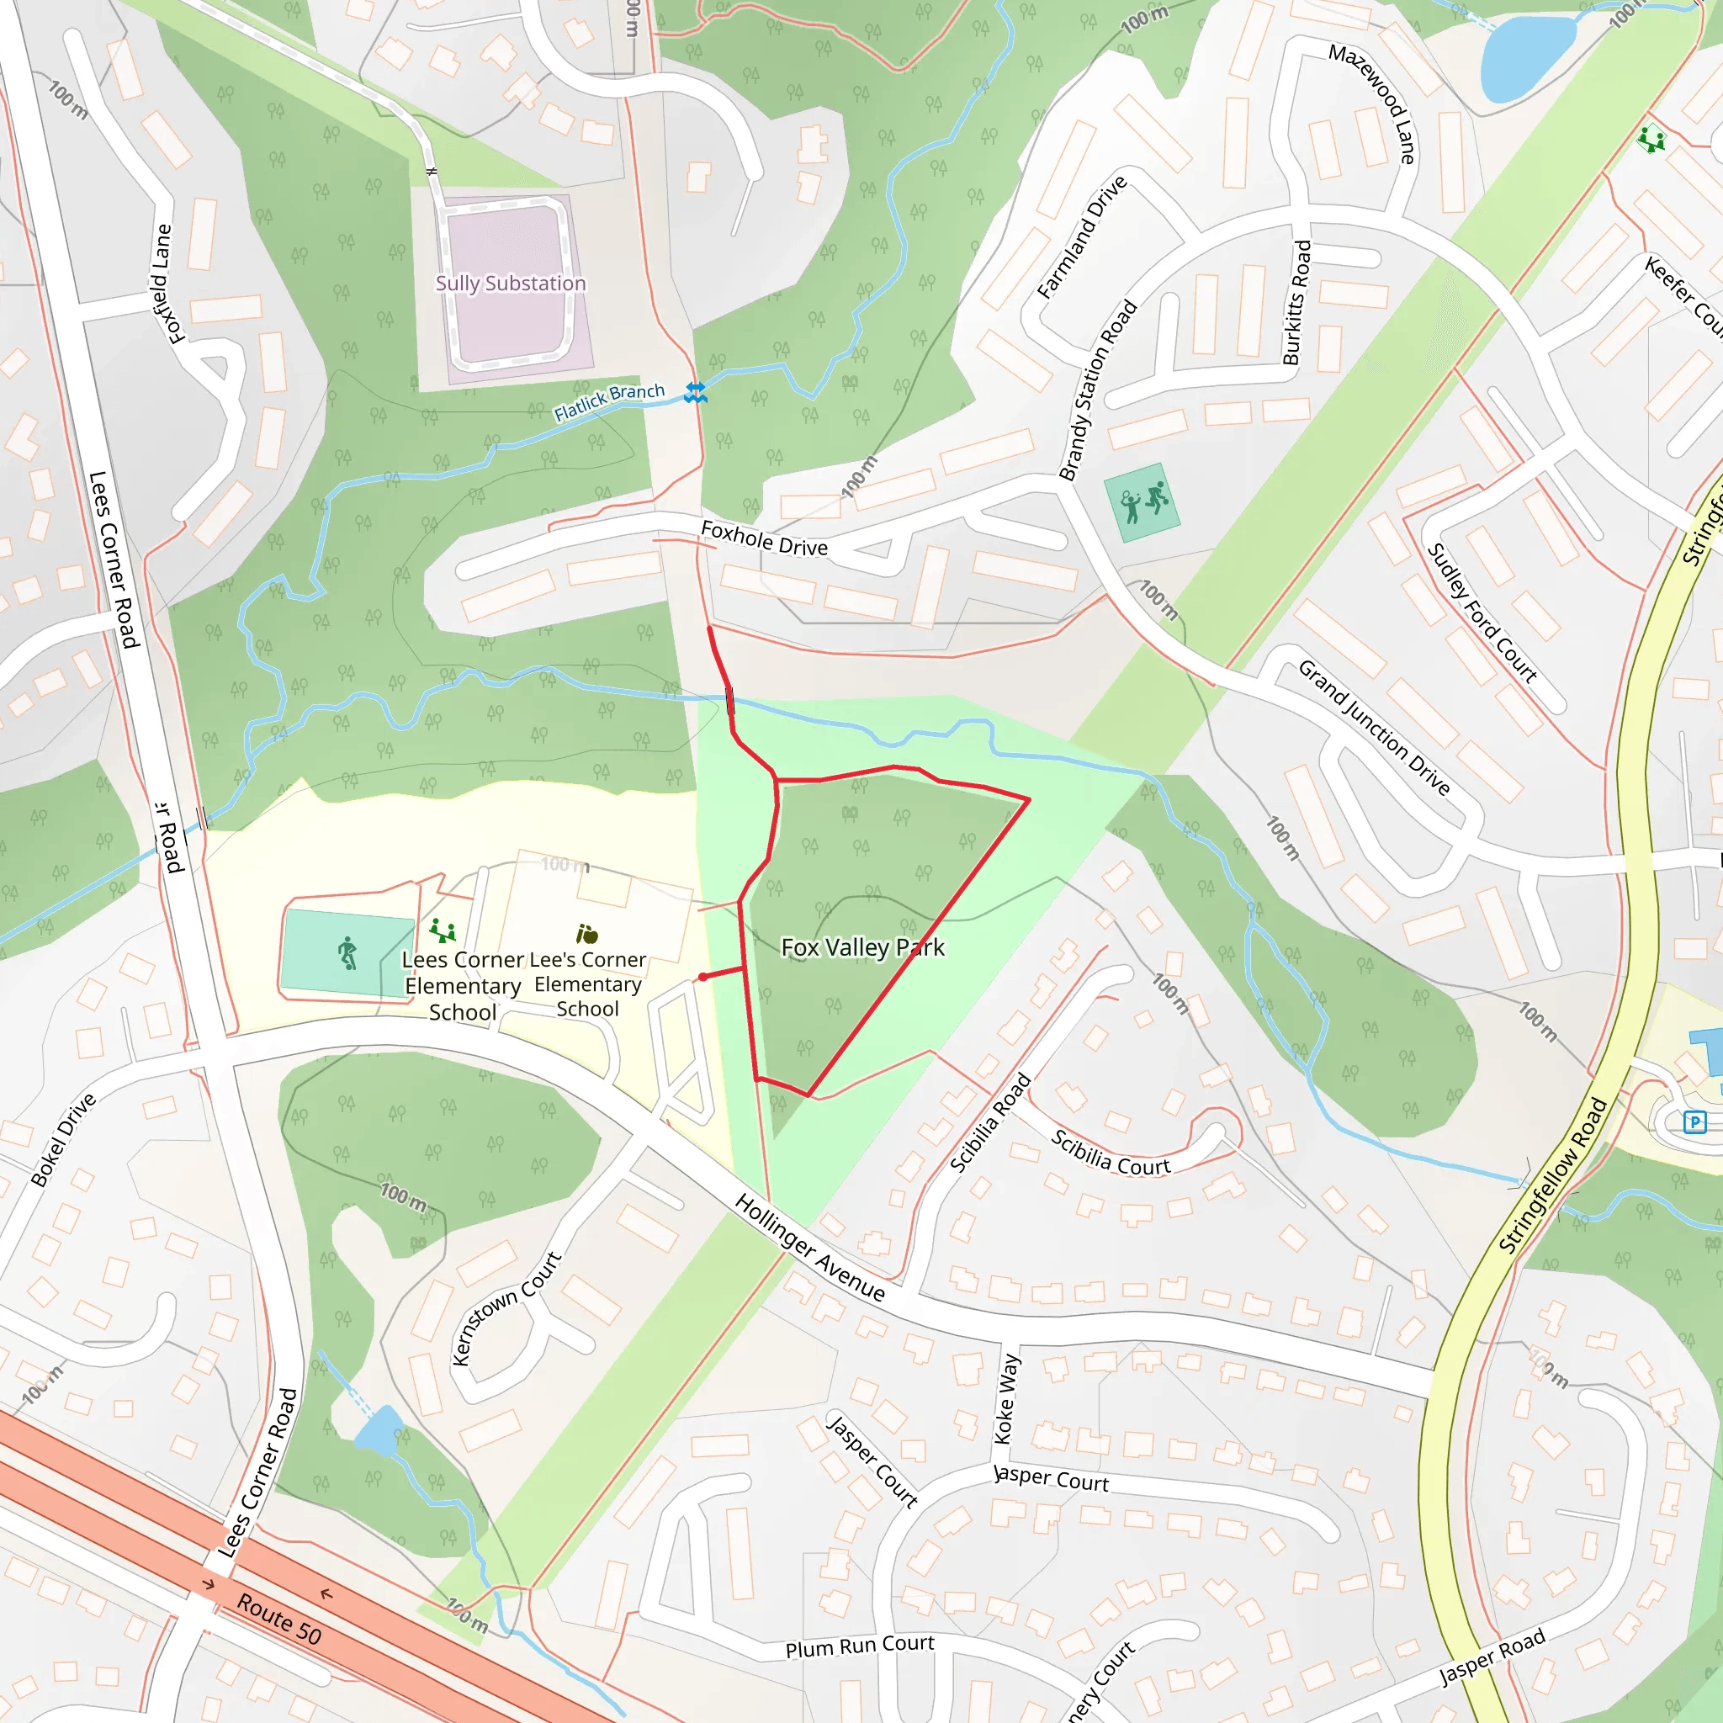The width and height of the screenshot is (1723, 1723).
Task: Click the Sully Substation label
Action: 510,284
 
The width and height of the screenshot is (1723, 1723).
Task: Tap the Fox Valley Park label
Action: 862,947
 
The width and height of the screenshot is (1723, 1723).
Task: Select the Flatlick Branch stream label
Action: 609,401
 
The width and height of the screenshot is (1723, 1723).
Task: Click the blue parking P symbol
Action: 1694,1122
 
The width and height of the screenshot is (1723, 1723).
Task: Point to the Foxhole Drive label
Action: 764,538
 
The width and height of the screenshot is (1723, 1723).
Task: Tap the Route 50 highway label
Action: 278,1619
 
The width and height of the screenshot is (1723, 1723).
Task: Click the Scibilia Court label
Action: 1110,1153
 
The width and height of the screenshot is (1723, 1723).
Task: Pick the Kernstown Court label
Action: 506,1308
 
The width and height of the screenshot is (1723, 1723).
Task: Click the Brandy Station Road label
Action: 1098,390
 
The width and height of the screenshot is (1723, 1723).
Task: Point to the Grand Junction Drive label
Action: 1373,728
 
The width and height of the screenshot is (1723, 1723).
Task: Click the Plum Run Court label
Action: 860,1646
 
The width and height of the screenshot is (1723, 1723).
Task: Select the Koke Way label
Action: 1006,1398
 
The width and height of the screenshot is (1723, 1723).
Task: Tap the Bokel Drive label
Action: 63,1140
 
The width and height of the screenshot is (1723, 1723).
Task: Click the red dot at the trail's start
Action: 703,977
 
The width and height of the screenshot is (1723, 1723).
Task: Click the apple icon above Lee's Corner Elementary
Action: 587,934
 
